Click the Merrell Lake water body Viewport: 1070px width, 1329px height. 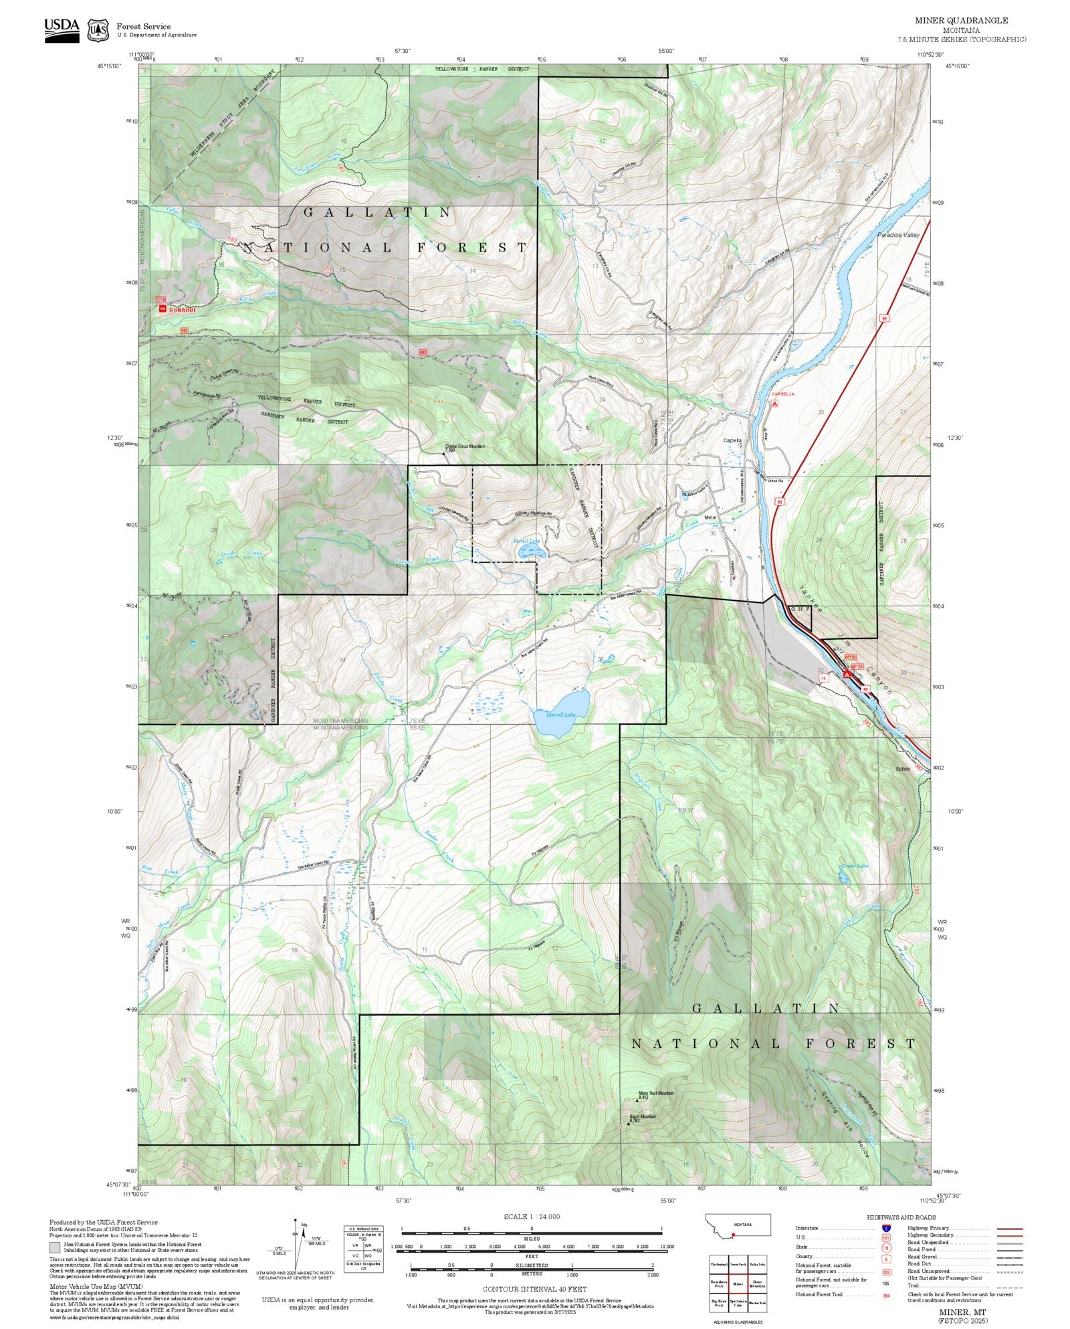[x=561, y=712]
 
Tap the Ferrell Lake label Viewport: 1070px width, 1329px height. [x=526, y=541]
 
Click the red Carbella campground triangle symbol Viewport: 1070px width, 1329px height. [x=774, y=404]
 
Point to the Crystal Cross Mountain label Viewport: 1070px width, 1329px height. [x=465, y=446]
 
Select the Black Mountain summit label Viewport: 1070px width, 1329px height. [x=642, y=1117]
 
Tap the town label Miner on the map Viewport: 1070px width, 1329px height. [x=710, y=517]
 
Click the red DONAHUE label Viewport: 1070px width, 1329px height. [x=181, y=310]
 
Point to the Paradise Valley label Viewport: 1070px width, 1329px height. [x=899, y=235]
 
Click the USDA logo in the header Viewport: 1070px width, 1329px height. [x=62, y=30]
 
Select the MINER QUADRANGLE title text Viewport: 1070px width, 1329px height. [x=961, y=21]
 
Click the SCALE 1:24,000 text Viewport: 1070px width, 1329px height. [x=532, y=1217]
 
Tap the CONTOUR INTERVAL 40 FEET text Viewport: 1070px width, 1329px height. [x=534, y=1289]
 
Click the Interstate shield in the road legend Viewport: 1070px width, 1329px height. [x=886, y=1229]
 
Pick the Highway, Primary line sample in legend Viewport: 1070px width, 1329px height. [x=1009, y=1229]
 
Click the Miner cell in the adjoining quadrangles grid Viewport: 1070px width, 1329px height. [x=738, y=1284]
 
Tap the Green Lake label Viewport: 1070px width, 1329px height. [x=855, y=865]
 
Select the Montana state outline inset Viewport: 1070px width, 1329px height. [x=738, y=1225]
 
